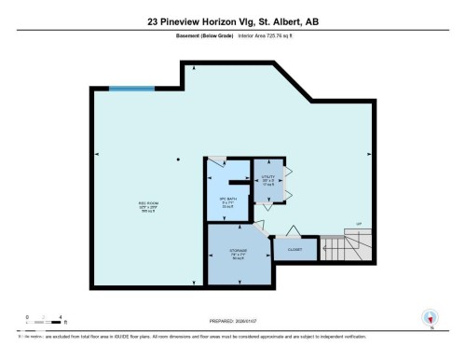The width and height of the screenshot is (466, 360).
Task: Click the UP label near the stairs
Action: [x=358, y=224]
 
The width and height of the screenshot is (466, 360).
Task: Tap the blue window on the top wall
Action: [x=128, y=89]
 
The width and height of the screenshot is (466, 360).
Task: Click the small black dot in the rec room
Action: [x=178, y=159]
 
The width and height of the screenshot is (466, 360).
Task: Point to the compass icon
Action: [x=430, y=318]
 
